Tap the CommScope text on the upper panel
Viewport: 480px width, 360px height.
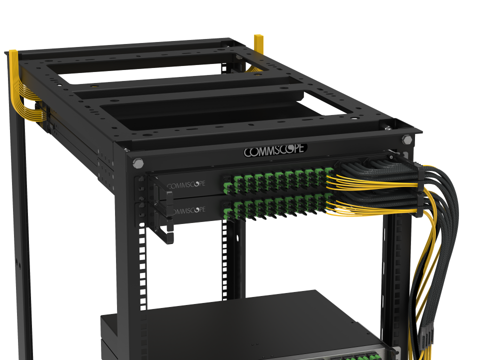(186, 185)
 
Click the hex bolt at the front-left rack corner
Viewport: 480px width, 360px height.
(138, 163)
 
